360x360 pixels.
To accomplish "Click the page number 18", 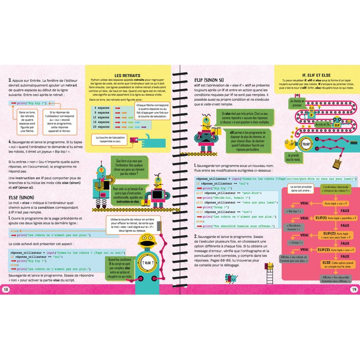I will tap(6, 289).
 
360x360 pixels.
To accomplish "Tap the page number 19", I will tap(354, 289).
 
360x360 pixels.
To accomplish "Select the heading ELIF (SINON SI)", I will tap(209, 80).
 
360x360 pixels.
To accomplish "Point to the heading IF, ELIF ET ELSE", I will tap(317, 75).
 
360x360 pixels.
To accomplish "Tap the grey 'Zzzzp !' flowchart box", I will tap(295, 243).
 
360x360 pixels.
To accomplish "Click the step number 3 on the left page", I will tap(10, 81).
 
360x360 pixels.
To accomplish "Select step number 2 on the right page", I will tap(196, 236).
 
